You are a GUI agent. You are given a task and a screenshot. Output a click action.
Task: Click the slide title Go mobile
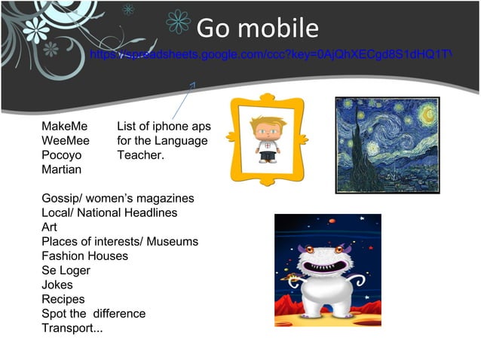[x=257, y=29]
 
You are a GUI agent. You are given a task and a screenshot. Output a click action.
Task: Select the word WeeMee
[x=66, y=141]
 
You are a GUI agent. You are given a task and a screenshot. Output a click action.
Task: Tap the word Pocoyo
[x=61, y=155]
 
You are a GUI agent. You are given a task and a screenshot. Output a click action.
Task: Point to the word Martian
[x=61, y=169]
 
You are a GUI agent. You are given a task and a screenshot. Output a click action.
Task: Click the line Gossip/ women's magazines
[x=118, y=199]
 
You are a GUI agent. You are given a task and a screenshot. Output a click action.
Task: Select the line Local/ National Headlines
[x=109, y=213]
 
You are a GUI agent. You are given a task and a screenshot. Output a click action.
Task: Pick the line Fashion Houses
[x=84, y=256]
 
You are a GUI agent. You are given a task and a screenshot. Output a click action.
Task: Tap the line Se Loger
[x=66, y=270]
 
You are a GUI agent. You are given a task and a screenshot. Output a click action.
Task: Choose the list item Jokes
[x=57, y=285]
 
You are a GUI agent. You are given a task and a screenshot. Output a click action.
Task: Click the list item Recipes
[x=63, y=299]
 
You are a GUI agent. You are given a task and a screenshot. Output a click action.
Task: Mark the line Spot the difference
[x=93, y=313]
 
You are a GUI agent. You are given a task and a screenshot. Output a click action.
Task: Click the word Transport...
[x=69, y=328]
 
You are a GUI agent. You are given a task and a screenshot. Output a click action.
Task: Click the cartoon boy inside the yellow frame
[x=266, y=139]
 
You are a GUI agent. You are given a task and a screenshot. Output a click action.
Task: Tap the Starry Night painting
[x=386, y=145]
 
